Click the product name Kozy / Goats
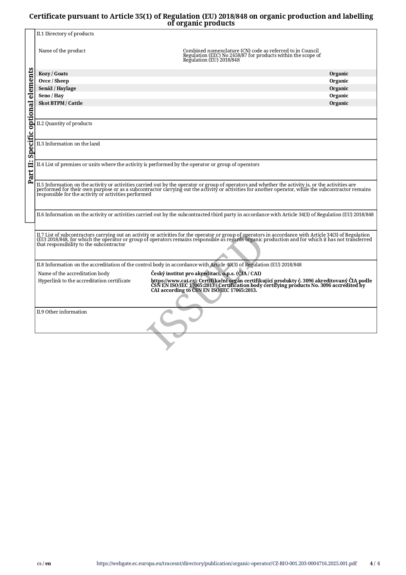53,74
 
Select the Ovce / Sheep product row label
54,81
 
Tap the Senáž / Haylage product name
57,88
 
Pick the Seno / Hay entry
51,96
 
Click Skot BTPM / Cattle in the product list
61,103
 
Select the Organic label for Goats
339,74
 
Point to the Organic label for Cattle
339,103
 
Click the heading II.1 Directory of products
65,34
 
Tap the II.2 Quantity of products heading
65,124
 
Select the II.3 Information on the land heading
68,144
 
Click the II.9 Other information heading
62,312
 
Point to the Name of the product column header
62,51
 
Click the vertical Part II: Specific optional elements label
30,126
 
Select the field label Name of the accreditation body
74,274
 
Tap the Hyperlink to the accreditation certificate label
84,281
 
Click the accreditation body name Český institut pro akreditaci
206,274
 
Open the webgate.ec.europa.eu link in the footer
227,564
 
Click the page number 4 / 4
375,564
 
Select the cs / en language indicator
44,564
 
